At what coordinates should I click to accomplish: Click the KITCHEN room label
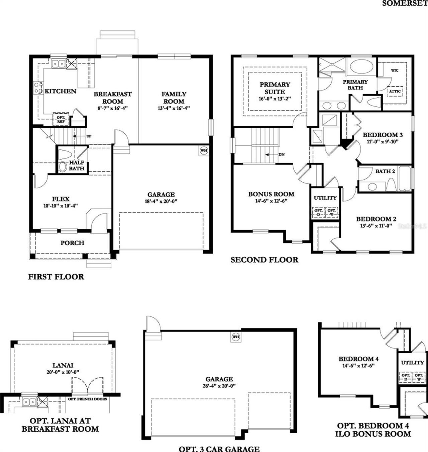[61, 91]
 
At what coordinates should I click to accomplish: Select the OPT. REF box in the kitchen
[61, 119]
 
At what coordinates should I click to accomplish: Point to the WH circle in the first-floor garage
[204, 150]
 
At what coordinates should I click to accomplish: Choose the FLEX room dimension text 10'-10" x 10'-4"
[61, 206]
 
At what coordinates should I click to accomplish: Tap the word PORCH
[72, 243]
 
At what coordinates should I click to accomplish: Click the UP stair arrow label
[89, 136]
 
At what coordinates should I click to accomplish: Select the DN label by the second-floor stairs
[282, 155]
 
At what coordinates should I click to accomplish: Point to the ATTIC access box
[395, 91]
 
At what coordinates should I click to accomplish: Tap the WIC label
[395, 71]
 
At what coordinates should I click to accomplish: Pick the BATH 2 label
[385, 171]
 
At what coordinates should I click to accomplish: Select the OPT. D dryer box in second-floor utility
[318, 212]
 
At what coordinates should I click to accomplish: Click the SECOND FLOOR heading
[264, 260]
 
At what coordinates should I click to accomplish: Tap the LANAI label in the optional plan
[63, 365]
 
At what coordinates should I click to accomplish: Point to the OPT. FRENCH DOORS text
[88, 399]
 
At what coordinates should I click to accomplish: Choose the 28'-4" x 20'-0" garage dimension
[219, 386]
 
